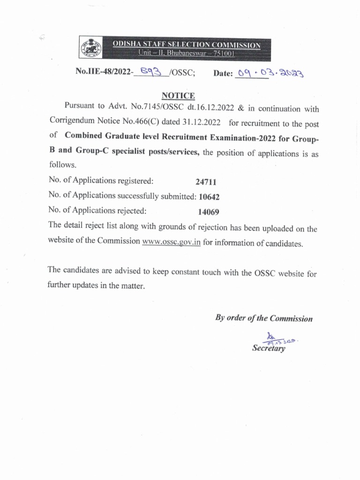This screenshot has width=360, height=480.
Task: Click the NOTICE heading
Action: [178, 96]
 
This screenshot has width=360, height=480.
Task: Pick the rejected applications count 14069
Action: [209, 212]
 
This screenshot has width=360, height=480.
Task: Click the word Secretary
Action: [269, 348]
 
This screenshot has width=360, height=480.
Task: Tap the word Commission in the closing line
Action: [291, 319]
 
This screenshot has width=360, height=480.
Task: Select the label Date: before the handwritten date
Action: [223, 74]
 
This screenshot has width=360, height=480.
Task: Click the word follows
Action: [62, 165]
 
